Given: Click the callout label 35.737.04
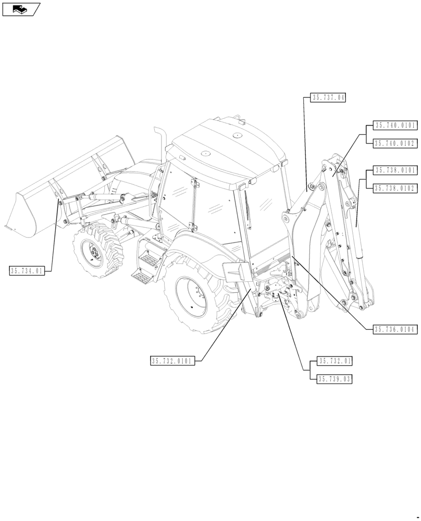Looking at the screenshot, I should coord(328,97).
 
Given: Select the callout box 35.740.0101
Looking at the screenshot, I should coord(394,125).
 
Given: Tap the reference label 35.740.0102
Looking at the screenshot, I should coord(394,143).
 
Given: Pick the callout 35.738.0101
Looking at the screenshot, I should coord(394,170).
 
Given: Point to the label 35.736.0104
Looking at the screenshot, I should coord(394,329).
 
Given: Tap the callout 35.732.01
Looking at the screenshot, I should coord(335,361).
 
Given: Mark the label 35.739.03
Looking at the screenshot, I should coord(335,379).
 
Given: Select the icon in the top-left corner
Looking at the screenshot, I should coord(21,9).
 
